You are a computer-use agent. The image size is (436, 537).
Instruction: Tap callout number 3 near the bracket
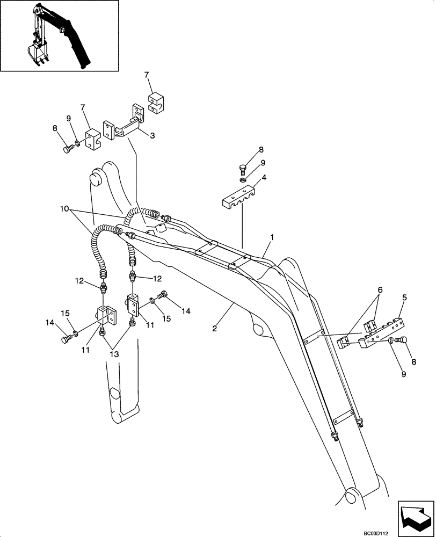tap(152, 136)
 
